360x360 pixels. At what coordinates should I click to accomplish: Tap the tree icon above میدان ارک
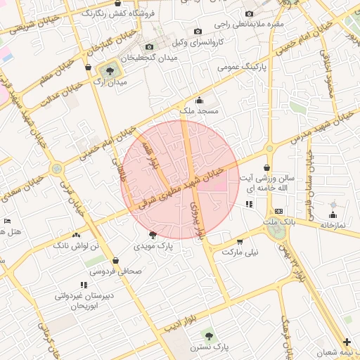[x=109, y=70]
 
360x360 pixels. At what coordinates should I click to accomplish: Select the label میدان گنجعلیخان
[x=150, y=58]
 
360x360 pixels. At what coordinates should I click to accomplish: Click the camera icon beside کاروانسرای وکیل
[x=198, y=31]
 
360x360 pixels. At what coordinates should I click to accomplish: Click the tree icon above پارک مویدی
[x=153, y=235]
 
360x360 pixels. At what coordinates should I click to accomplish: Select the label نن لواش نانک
[x=77, y=245]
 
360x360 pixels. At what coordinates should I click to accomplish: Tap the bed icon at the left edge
[x=7, y=221]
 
